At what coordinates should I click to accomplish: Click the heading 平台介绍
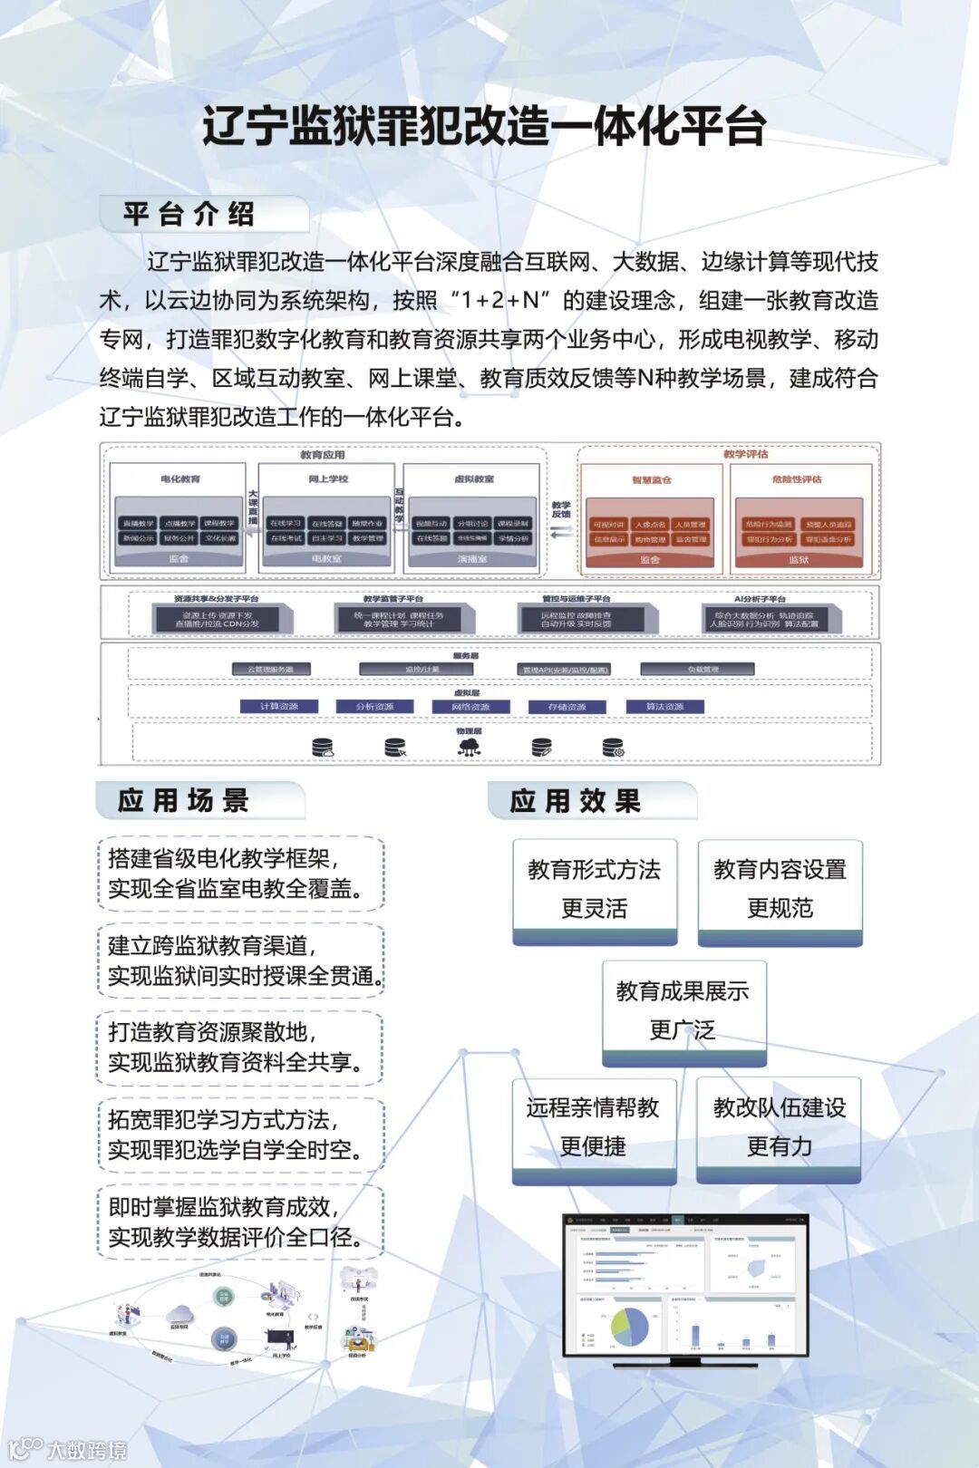pos(189,215)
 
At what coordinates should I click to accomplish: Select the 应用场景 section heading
pos(183,801)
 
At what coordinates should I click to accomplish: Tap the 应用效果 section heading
pos(576,801)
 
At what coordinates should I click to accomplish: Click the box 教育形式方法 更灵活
pos(595,889)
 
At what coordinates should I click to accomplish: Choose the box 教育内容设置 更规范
pos(780,889)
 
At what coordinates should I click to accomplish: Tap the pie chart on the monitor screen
pos(631,1326)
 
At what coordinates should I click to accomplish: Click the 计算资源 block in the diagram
pos(279,707)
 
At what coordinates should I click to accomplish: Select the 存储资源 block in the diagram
pos(567,707)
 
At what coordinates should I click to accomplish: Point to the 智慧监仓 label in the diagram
pos(651,479)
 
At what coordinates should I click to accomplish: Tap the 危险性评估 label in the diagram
pos(797,479)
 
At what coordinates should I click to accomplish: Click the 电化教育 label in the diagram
pos(179,478)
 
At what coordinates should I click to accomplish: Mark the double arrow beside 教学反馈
pos(562,532)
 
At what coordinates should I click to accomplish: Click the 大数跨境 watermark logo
pos(69,1449)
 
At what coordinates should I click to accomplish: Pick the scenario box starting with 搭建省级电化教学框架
pos(240,874)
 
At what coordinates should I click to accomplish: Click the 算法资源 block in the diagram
pos(664,707)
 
